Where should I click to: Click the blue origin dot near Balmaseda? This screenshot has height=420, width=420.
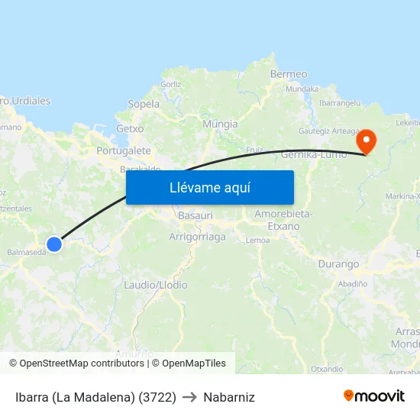tap(54, 244)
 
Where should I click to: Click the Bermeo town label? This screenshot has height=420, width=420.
tap(289, 74)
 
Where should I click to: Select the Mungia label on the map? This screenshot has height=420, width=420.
tap(220, 124)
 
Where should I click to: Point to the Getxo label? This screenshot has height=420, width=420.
tap(130, 129)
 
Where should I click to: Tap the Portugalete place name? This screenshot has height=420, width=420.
tap(124, 151)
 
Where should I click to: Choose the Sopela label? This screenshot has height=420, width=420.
tap(144, 104)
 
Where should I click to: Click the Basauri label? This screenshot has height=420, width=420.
tap(195, 216)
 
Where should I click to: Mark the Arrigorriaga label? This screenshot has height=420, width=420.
tap(197, 237)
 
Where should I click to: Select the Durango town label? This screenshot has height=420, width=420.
tap(337, 264)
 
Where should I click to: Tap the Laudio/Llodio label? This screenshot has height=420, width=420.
tap(156, 285)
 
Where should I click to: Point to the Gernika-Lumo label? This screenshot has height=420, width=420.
tap(314, 154)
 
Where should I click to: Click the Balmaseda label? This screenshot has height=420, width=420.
tap(25, 251)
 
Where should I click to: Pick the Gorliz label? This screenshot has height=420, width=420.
tap(171, 84)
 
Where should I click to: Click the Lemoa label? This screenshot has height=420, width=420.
tap(257, 240)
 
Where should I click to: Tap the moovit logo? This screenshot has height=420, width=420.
tap(374, 396)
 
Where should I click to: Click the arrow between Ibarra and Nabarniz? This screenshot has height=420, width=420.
tap(189, 397)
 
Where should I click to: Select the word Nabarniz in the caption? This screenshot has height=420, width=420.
tap(229, 397)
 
